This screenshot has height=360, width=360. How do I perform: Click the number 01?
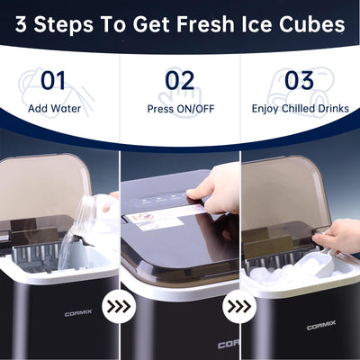click(53, 80)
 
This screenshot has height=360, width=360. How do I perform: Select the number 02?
click(179, 80)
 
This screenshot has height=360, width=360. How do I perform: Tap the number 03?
click(299, 80)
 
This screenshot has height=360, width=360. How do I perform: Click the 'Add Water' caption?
click(53, 108)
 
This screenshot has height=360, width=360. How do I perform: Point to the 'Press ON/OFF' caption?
click(179, 108)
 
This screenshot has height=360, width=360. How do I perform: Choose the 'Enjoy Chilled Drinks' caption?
click(299, 108)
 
